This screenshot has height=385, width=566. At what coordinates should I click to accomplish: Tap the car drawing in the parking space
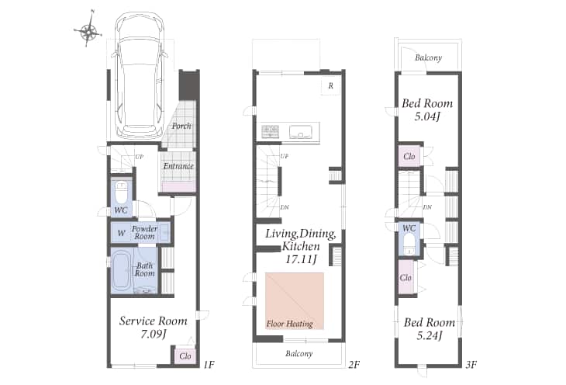[140, 75]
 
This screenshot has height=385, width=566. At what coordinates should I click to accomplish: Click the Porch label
[181, 126]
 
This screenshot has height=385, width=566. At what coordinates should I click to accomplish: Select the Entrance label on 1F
[178, 166]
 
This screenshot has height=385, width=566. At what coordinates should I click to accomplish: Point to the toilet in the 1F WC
[121, 192]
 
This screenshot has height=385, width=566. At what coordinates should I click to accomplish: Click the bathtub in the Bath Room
[121, 272]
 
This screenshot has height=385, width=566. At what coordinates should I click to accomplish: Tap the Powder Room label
[144, 232]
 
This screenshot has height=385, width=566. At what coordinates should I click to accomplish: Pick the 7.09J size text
[153, 335]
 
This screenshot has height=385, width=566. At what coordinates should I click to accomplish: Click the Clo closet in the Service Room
[185, 356]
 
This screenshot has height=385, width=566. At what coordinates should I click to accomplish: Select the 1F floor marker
[209, 364]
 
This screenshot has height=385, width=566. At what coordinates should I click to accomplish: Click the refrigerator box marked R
[330, 86]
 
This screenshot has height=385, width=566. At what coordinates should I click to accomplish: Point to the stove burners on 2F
[270, 132]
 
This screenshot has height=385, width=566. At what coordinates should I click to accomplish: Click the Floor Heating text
[289, 324]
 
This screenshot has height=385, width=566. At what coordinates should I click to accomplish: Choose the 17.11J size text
[301, 259]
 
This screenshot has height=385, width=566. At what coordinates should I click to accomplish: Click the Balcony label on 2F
[299, 353]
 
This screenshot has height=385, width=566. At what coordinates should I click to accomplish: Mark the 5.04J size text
[427, 116]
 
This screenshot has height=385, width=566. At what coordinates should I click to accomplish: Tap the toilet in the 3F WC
[409, 245]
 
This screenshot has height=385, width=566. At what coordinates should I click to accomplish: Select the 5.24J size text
[430, 336]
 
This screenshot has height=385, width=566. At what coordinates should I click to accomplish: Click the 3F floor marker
[471, 364]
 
